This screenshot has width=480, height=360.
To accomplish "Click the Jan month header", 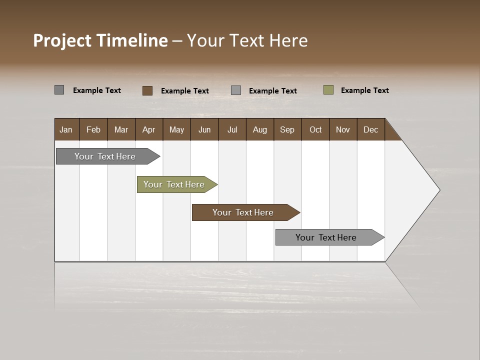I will point(66,129).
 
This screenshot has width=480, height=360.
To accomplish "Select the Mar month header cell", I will point(121,129).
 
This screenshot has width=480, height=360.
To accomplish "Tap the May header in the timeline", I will point(176,129).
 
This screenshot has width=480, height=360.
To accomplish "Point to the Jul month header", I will point(232,129).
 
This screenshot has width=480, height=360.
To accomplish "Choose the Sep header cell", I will point(287,129).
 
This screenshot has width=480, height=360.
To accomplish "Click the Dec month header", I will point(370,129).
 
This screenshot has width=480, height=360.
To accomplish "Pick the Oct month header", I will point(315,129).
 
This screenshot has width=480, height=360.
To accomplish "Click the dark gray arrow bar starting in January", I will point(105,156).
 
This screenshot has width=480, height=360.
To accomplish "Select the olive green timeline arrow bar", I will point(174,184).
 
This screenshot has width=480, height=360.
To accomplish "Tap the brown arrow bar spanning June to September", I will point(243,212).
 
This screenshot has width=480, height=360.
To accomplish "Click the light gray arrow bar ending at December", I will point(326,237).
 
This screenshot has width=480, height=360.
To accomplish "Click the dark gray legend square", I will point(59,90).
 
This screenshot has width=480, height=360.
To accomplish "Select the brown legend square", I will point(147,90).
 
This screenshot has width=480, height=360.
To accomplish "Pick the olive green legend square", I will point(328,90).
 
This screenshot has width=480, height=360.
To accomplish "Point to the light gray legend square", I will point(236,90).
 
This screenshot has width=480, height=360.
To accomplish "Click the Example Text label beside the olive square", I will point(364,90).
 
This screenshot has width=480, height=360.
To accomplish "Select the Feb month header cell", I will point(93,129).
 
